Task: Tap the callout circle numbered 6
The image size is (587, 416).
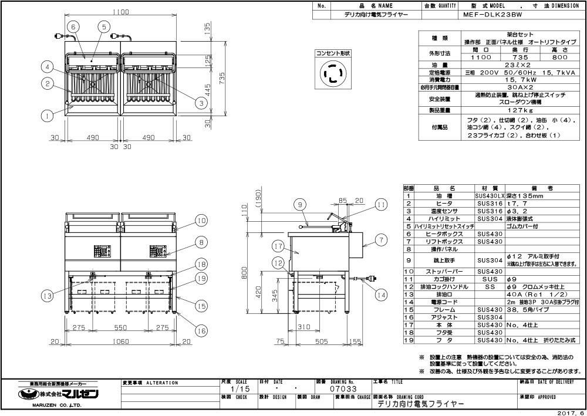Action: point(73,26)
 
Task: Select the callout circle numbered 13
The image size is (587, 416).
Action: point(48,295)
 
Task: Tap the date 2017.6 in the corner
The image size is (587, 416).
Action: point(568,411)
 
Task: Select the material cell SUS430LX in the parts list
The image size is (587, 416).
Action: point(489,195)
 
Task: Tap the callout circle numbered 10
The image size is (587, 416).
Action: point(201,221)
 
